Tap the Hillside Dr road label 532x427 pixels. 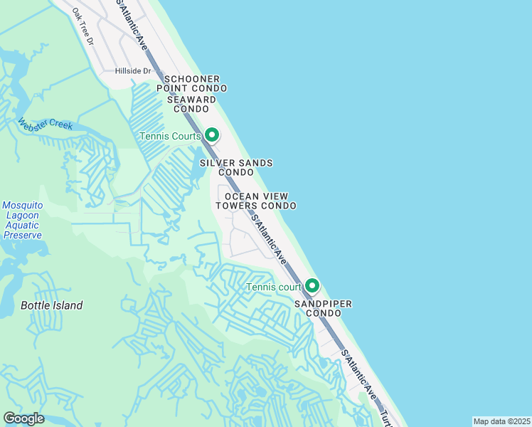point(134,71)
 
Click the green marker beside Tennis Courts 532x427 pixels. point(211,135)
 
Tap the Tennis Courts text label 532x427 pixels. point(171,136)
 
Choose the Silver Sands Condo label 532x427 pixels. point(236,167)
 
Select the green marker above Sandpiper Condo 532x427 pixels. point(312,286)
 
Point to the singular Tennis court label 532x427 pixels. point(275,287)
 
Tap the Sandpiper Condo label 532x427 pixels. point(324,309)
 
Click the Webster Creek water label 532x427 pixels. point(46,125)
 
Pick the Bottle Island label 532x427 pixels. point(51,305)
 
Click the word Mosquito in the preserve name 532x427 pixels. point(22,205)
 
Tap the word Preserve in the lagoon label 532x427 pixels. point(22,235)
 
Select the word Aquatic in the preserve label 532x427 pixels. point(22,225)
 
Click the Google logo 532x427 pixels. point(23,418)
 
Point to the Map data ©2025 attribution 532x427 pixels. point(501,421)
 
